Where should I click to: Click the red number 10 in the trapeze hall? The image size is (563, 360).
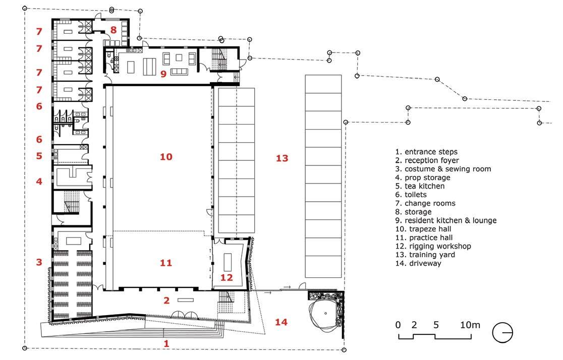coord(166,156)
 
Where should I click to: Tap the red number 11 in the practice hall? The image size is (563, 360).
coord(166,263)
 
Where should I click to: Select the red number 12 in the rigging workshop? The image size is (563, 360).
coord(227,277)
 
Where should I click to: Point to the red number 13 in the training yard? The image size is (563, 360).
coord(282,158)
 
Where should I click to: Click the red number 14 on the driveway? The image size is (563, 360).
coord(281,322)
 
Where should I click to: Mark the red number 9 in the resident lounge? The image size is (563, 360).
coord(163,74)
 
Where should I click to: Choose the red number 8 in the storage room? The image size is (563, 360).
coord(114,30)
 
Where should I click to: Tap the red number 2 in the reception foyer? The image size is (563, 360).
coord(166,301)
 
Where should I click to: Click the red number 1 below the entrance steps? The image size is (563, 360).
coord(166,343)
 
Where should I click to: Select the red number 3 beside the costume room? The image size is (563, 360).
coord(39,262)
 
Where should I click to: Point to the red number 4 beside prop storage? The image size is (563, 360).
coord(39,181)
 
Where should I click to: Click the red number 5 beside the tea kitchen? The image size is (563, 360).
coord(39,156)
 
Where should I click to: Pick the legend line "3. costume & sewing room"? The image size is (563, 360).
coord(443,169)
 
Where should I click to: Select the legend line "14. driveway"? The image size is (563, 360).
coord(418,263)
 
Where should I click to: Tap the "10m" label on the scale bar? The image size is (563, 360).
coord(470,325)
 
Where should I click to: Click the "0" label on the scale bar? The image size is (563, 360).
coord(398,325)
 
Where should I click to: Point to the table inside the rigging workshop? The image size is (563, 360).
coord(228,262)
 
